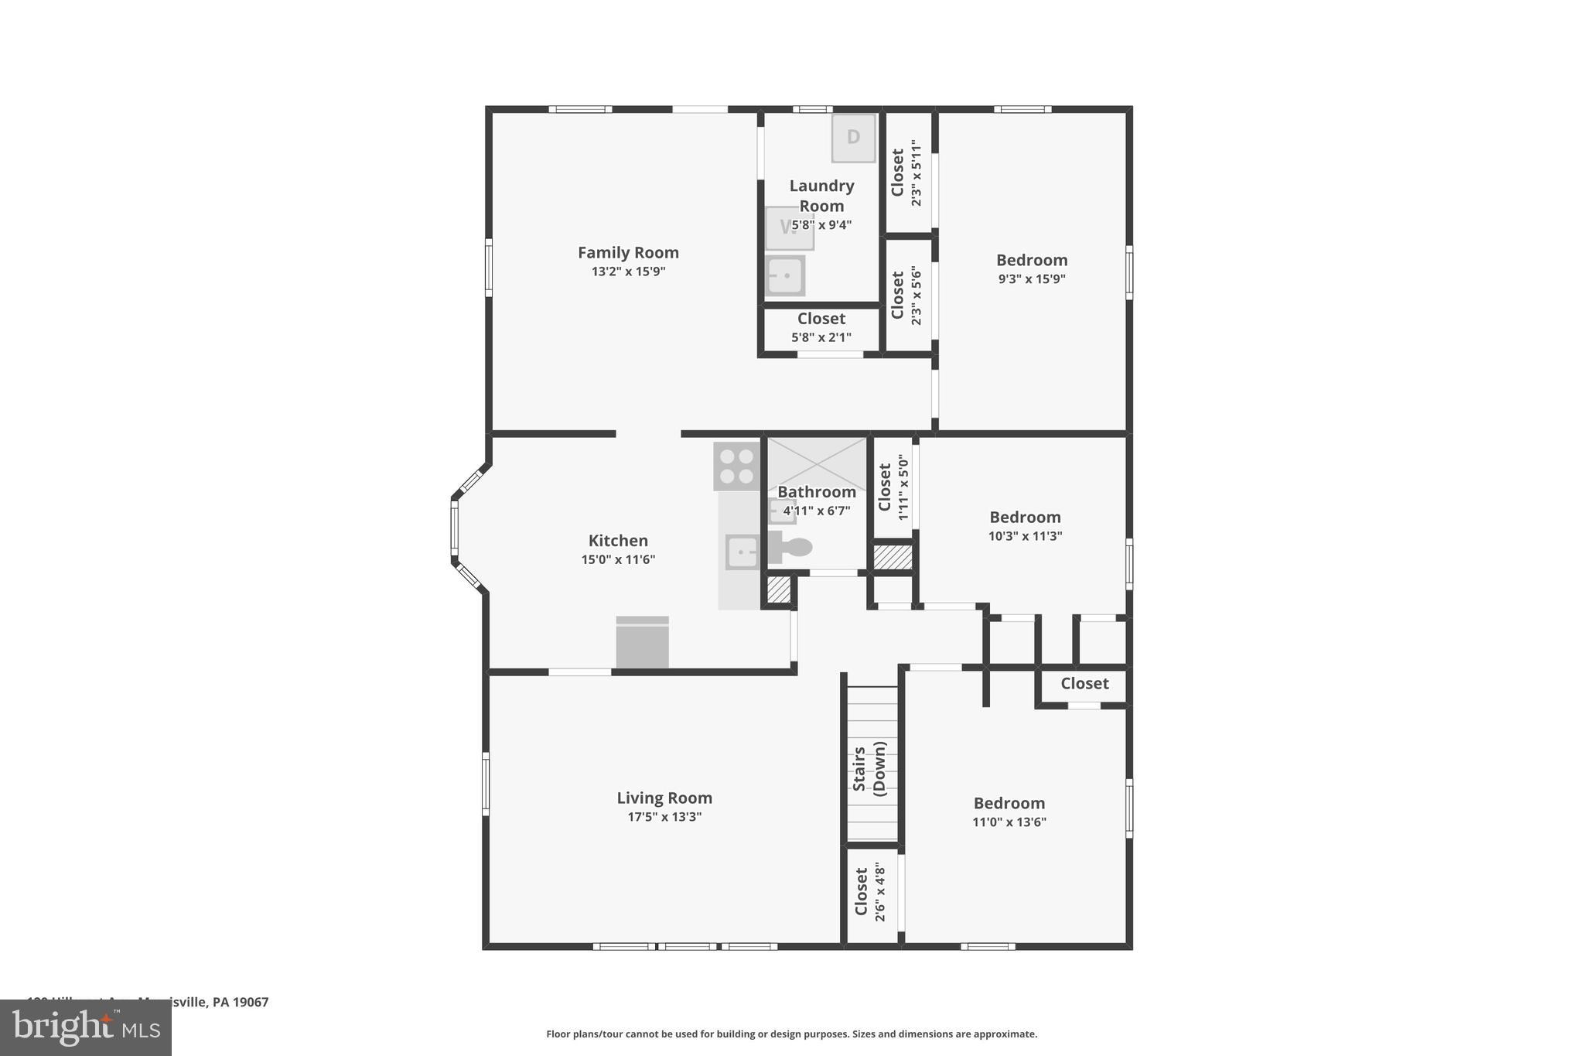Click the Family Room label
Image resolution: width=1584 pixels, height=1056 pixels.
coord(628,252)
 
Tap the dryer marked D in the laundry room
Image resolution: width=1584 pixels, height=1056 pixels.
coord(853,138)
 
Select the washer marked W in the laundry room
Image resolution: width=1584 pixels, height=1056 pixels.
coord(789,227)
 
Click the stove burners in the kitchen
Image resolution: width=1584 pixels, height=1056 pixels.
coord(736,466)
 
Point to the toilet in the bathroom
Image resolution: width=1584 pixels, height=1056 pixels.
coord(790,548)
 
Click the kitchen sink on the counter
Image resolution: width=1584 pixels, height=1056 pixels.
coord(742,552)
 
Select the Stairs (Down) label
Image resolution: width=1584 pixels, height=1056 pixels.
coord(869,768)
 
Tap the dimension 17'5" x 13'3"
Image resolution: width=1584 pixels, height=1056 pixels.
coord(664,817)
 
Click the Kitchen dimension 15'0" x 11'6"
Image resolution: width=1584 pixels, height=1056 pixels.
coord(618,559)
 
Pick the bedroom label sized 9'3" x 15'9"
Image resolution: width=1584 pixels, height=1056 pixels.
coord(1031,260)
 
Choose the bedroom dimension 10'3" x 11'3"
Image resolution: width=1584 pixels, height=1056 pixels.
coord(1025,536)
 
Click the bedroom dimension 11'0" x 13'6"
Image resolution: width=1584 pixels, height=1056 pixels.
coord(1009,822)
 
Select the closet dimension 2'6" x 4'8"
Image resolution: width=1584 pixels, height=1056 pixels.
coord(879,892)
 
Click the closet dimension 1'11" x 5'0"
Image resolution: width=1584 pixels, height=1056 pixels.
coord(903,487)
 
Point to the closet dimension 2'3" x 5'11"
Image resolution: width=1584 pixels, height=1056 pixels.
coord(916,173)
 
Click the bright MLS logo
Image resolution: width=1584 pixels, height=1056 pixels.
coord(85,1027)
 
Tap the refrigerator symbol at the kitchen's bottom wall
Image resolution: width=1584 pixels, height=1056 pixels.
coord(642,643)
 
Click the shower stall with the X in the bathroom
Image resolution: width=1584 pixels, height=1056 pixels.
coord(817,463)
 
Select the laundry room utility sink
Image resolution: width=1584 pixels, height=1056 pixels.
coord(785,276)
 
